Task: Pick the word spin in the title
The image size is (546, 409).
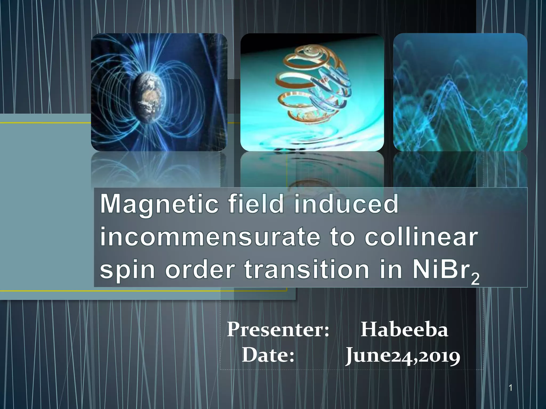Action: [127, 270]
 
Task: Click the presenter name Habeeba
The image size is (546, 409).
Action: [404, 330]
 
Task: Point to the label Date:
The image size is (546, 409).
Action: [268, 355]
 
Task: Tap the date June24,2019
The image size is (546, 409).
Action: [403, 356]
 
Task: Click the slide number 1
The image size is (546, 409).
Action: [511, 388]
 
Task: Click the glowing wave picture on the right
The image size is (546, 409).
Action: [460, 92]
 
